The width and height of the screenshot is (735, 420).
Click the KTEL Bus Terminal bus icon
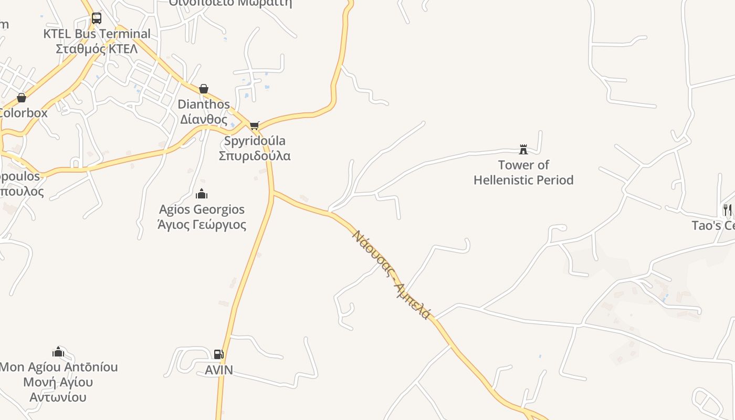coord(97,18)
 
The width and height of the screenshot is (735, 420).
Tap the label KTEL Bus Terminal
coord(97,34)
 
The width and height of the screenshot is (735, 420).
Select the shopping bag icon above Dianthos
coord(203,89)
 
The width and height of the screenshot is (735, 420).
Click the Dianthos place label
coord(204,104)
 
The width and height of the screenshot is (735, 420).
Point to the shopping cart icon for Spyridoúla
coord(254,125)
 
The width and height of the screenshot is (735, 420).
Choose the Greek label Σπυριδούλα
coord(254,156)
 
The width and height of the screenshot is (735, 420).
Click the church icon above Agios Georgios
coord(202,194)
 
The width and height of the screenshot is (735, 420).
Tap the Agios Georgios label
coord(202,209)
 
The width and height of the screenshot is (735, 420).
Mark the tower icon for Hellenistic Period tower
coord(523,150)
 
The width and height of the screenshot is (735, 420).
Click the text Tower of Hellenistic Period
coord(523,172)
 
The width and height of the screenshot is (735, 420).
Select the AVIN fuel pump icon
coord(218,354)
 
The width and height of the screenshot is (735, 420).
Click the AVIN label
coord(218,370)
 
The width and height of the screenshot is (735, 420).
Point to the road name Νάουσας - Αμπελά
coord(392,275)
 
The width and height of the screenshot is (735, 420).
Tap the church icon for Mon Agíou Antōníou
coord(58,352)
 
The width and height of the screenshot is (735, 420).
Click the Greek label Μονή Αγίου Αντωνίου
coord(58,390)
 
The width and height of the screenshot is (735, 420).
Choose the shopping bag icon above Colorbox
coord(22,98)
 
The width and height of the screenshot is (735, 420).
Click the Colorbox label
coord(23,113)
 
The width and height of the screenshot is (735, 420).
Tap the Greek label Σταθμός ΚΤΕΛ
coord(97,49)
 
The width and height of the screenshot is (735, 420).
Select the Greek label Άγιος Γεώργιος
coord(202,225)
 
